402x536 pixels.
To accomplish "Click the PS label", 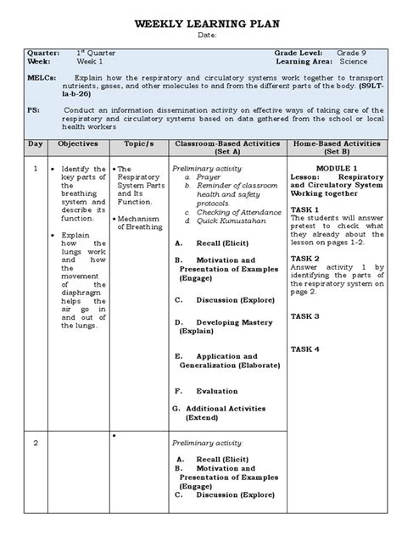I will tap(32, 110).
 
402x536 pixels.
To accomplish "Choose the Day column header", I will tap(35, 145).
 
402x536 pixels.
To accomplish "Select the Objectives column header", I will tap(78, 145).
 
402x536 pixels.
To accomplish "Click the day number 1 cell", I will tap(35, 169).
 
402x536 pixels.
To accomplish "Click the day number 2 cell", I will tap(35, 443).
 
